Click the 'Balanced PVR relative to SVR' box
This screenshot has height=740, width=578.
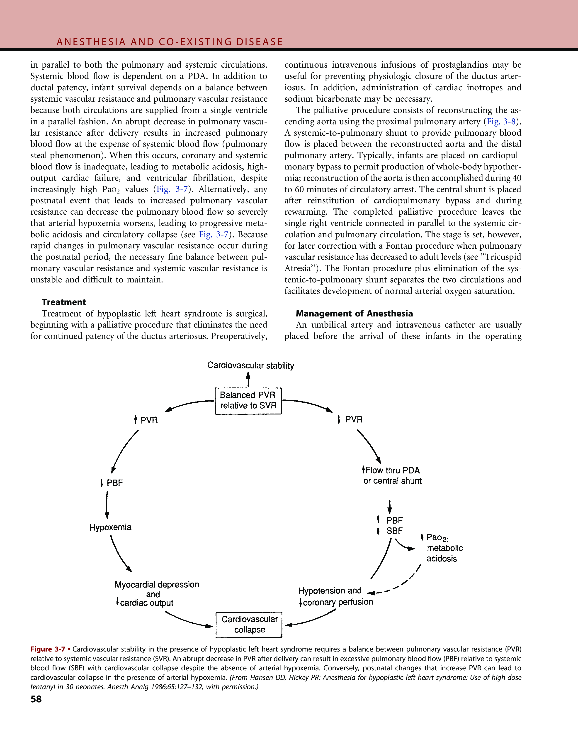248,400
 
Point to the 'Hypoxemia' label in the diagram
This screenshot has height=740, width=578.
110,527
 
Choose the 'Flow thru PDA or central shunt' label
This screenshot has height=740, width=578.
392,475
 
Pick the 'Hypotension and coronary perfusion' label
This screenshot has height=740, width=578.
335,596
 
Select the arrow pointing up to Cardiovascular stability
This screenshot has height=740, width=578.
248,379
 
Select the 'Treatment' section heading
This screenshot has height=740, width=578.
64,302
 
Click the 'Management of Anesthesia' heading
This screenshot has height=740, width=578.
354,314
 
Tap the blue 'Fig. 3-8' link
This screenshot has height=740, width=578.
501,122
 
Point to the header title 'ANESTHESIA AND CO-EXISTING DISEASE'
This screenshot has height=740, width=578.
170,42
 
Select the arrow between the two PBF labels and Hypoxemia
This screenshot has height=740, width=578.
107,504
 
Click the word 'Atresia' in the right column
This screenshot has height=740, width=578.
297,268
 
